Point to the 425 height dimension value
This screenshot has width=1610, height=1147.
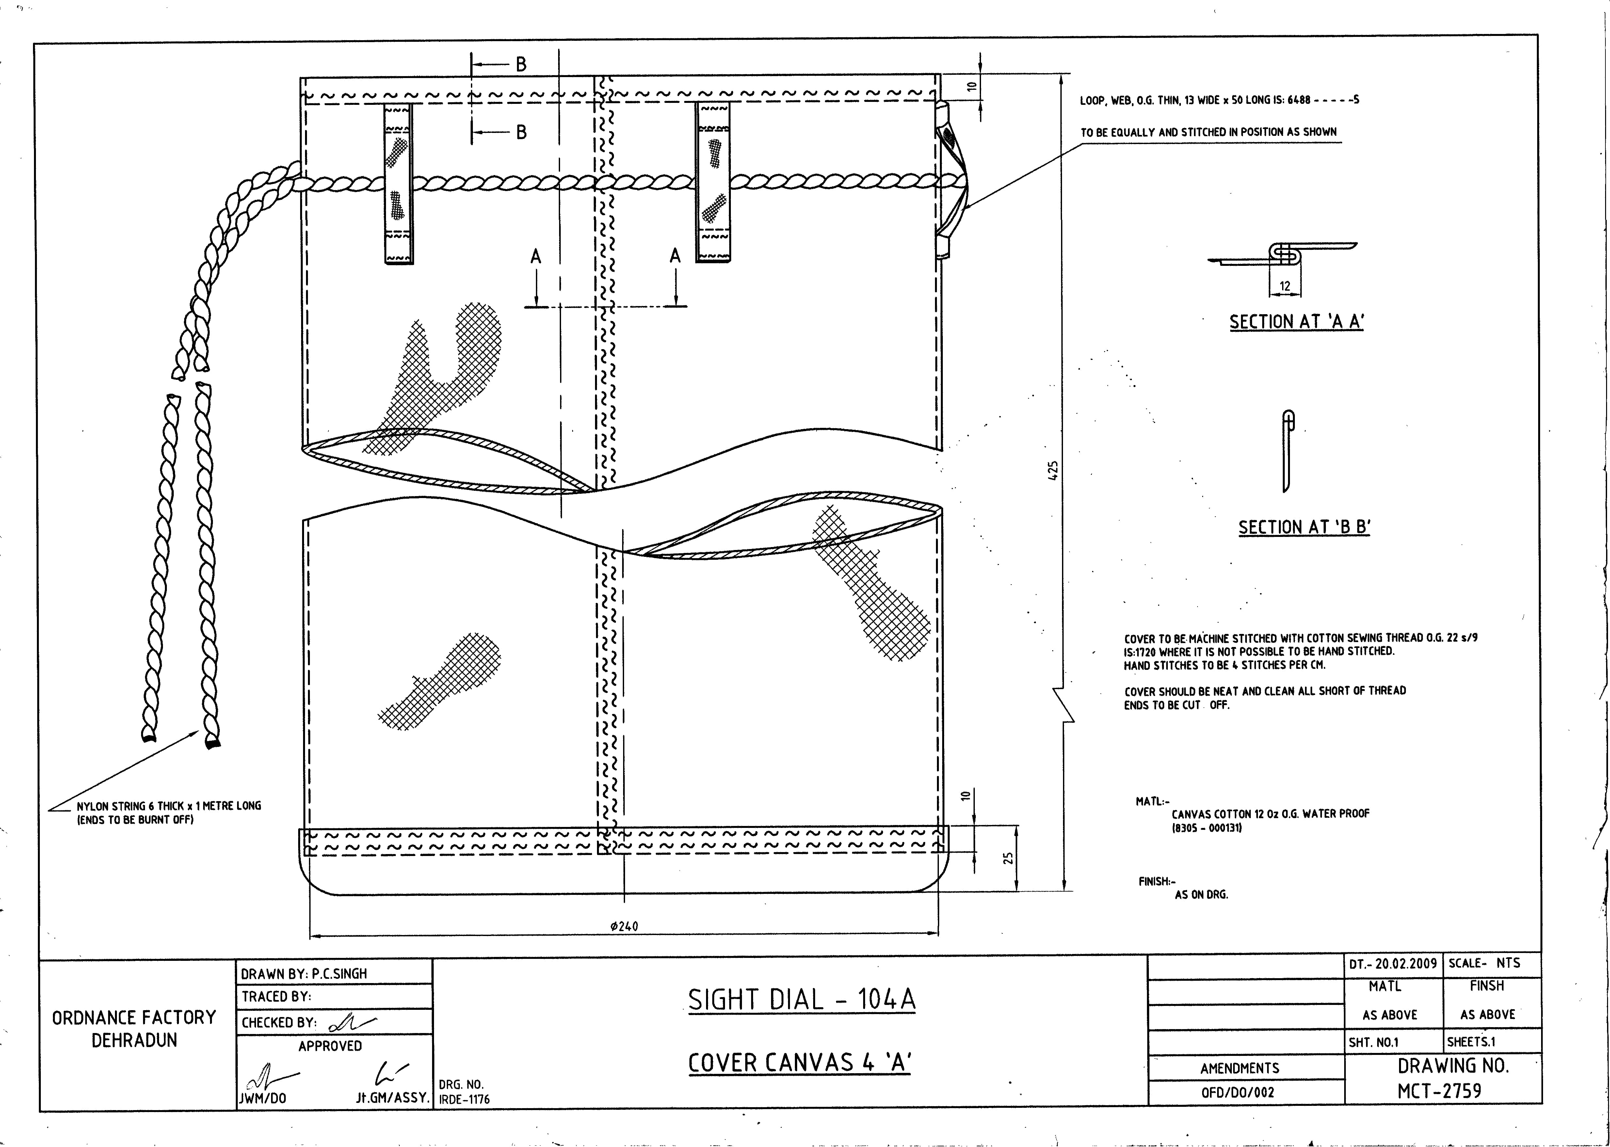click(1053, 471)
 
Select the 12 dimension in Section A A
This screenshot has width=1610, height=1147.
click(1285, 286)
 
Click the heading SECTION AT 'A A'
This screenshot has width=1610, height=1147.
click(1296, 322)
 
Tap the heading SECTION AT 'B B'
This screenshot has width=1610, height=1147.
click(1304, 527)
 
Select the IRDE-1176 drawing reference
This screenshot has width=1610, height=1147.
click(464, 1099)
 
